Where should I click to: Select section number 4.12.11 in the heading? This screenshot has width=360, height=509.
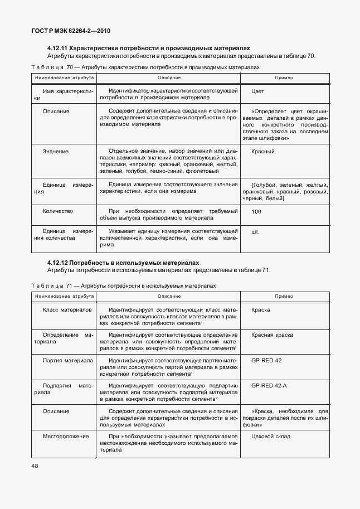tap(60, 49)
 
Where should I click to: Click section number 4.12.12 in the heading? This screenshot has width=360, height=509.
tap(60, 263)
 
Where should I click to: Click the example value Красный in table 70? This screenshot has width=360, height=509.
tap(262, 152)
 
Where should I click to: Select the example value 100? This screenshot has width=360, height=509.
tap(256, 212)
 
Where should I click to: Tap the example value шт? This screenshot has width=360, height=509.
tap(255, 230)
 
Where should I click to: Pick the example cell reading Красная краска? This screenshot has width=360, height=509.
tap(272, 335)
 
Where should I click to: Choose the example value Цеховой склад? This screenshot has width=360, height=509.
tap(271, 436)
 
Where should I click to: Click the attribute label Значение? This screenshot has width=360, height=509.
tap(56, 152)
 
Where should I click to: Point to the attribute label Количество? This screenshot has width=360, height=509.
tap(57, 212)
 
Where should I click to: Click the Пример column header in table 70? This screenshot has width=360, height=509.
tap(283, 77)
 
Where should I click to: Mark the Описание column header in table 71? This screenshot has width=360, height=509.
tap(169, 296)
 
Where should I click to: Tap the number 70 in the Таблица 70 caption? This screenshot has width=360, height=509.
tap(70, 67)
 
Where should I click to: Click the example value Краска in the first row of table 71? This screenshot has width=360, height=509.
tap(260, 309)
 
